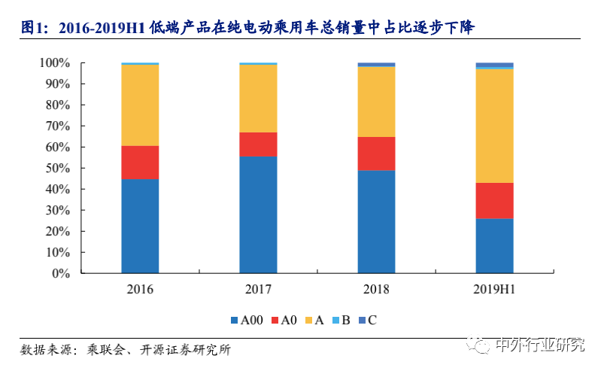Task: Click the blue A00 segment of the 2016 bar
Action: [140, 226]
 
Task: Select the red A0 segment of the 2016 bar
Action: [140, 162]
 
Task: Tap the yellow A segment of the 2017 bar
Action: [258, 99]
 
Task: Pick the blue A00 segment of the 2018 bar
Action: [376, 221]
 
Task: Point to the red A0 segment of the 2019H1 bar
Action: [494, 200]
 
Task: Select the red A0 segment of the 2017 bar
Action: [258, 144]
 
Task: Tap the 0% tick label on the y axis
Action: [61, 274]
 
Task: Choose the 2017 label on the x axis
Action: [258, 290]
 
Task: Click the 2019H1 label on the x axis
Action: [494, 290]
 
